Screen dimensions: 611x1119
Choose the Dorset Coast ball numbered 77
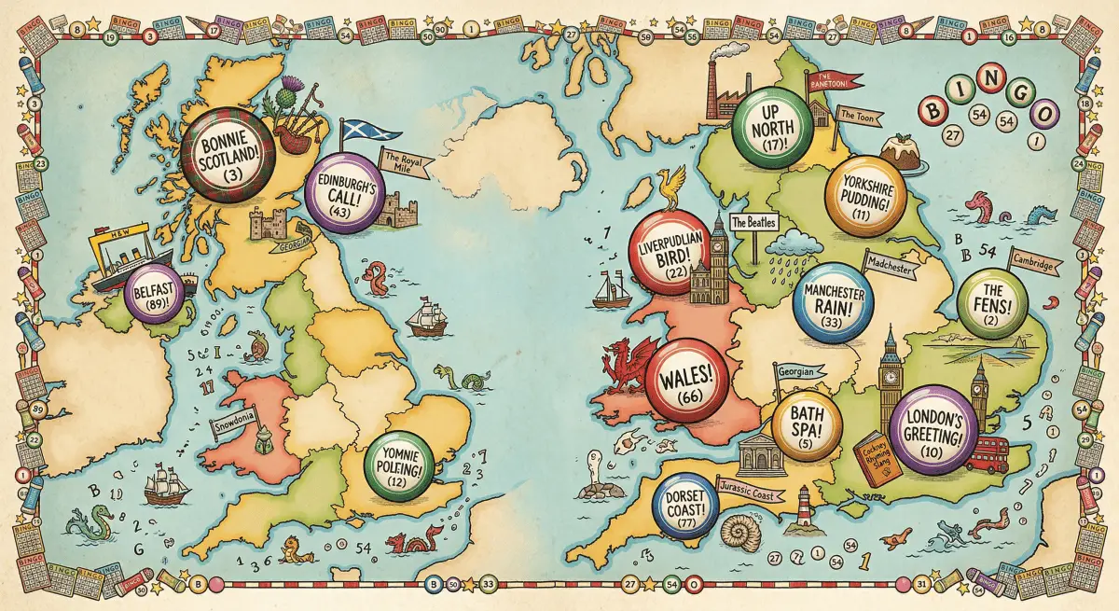tap(687, 509)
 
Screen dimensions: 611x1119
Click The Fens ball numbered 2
tap(992, 304)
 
